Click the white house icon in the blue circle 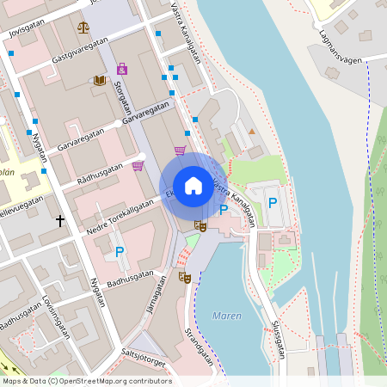point(193,185)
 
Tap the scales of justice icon point(83,27)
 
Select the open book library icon point(100,80)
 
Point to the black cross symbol point(60,220)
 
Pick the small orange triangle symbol point(251,131)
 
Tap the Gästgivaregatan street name point(80,51)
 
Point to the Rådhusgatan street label point(101,172)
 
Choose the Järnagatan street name point(156,298)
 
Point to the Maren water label point(227,316)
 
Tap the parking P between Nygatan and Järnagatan point(119,252)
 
